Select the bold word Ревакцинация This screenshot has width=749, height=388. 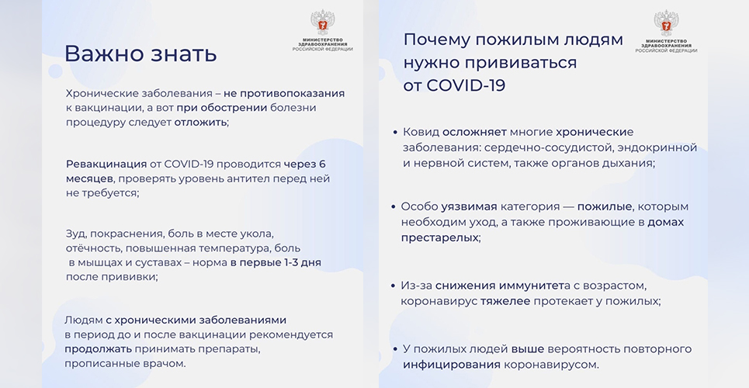tap(106, 164)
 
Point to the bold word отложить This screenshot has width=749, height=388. tap(200, 123)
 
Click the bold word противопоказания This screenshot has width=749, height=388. tap(293, 94)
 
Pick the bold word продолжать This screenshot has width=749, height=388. tap(98, 349)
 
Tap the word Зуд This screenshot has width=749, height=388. tap(75, 234)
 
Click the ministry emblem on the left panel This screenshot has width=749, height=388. tap(322, 23)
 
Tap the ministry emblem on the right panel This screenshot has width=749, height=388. tap(666, 23)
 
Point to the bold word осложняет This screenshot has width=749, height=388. tap(474, 132)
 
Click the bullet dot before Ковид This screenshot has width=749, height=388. tap(395, 132)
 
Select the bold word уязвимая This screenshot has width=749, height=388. tap(469, 207)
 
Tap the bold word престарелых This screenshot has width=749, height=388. tap(439, 237)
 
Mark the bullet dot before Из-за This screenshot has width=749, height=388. tap(394, 286)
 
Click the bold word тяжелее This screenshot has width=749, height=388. tap(505, 302)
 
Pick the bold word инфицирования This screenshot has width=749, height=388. tap(452, 365)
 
